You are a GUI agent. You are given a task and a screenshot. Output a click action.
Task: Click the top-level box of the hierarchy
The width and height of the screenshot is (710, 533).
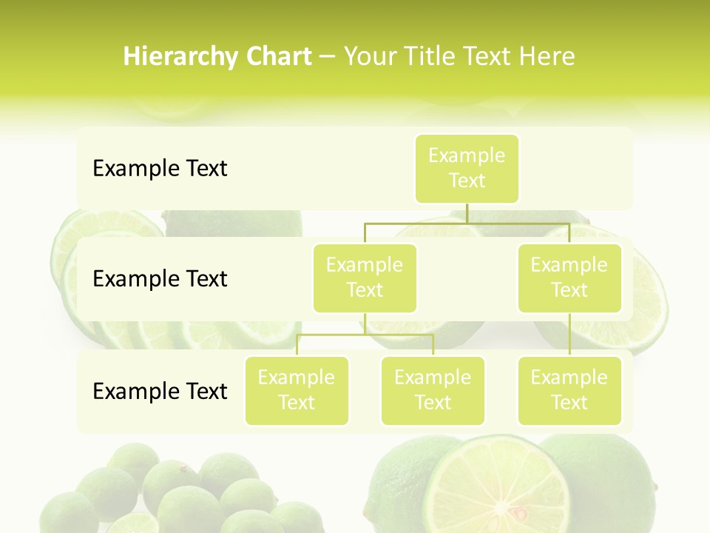coord(467,168)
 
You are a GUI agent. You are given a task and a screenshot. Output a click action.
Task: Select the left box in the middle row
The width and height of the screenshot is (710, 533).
coord(365,278)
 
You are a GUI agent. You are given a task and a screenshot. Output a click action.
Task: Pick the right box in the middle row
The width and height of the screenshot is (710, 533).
coord(569,278)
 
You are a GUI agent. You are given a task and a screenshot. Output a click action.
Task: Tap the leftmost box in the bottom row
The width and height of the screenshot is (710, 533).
coord(297,390)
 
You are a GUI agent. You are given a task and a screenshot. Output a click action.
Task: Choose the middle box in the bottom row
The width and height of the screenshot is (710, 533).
coord(433,390)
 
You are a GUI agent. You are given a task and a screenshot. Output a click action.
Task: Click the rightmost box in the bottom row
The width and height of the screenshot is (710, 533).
coord(569,390)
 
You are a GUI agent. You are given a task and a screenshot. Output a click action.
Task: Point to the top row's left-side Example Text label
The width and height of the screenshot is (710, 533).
coord(160,169)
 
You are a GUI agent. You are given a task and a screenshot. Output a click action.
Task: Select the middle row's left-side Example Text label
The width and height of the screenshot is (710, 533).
coord(160,279)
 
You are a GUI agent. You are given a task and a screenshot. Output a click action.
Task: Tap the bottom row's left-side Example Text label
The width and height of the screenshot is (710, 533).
coord(160,391)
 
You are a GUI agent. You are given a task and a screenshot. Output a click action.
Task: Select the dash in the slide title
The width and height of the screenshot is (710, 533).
coord(328,57)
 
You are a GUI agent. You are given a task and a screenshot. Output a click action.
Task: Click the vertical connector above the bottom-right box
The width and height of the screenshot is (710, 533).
coord(569,335)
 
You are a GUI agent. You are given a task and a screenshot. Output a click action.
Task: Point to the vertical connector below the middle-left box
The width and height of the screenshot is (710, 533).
coord(365,324)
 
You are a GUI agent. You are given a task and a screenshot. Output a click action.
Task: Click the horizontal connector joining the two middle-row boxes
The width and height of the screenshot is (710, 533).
coord(467,223)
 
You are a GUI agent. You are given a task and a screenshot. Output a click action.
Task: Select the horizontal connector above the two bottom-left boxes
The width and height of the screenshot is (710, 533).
coord(365,335)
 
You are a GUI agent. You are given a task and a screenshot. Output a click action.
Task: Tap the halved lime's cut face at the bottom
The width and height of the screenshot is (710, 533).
coord(497,489)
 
